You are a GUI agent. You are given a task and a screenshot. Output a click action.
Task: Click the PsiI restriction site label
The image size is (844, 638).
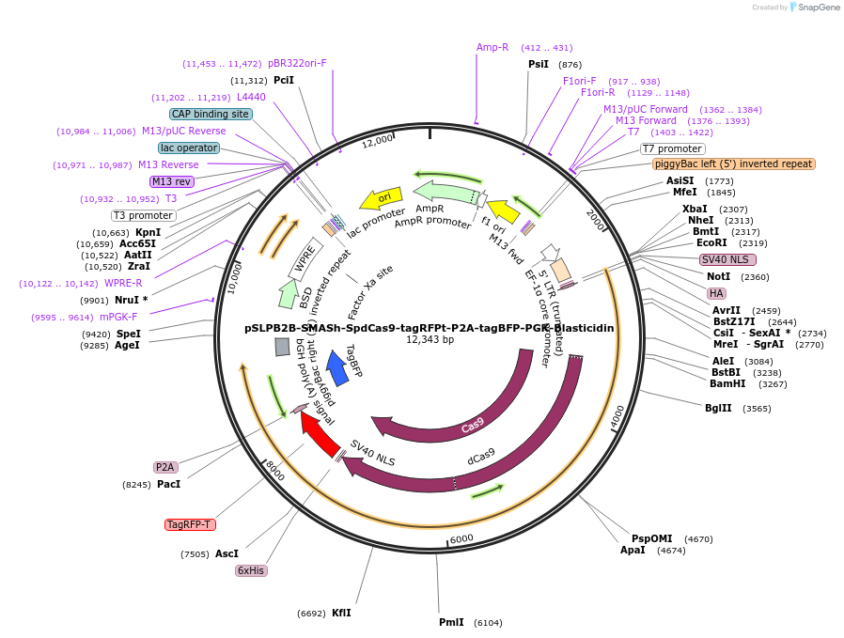tap(539, 65)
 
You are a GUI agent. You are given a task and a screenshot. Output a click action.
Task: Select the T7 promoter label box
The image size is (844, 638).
tap(673, 148)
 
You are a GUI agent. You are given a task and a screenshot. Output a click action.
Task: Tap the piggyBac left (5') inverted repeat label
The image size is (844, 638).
tap(734, 163)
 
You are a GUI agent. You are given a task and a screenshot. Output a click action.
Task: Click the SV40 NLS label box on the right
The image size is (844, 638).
tap(727, 259)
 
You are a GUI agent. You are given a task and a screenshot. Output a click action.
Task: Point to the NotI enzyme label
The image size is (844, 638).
tap(718, 277)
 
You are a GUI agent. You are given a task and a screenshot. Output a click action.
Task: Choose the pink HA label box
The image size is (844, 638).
tap(716, 293)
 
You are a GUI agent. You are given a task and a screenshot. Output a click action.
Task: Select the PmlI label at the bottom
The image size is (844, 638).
tap(452, 622)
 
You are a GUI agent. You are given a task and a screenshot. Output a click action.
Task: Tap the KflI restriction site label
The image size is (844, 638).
tap(341, 613)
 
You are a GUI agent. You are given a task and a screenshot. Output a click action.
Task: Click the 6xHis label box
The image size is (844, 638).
tap(251, 570)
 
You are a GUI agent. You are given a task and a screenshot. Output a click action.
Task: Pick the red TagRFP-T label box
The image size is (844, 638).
tap(190, 524)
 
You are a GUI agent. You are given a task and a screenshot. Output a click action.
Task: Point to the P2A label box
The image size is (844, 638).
tap(165, 467)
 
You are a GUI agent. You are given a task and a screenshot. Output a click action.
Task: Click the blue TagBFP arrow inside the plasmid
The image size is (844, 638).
tap(339, 367)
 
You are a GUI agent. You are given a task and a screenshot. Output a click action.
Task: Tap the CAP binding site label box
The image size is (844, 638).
tap(211, 114)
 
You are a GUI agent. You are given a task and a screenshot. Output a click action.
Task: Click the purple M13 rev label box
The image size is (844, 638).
tap(171, 181)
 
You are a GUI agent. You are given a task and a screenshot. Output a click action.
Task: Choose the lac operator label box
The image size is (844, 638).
tap(189, 148)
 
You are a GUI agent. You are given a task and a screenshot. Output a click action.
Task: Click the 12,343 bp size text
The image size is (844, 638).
tap(430, 340)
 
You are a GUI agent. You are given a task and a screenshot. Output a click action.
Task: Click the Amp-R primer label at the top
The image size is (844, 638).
tap(492, 47)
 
